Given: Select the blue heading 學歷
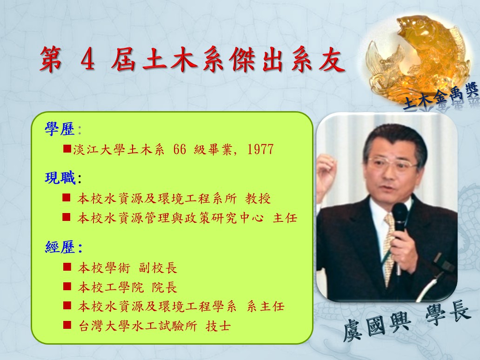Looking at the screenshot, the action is tap(60, 128).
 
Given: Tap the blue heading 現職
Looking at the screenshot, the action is tap(60, 178).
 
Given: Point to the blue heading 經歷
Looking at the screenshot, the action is tap(60, 247).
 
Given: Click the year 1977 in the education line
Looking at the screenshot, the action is tap(260, 149).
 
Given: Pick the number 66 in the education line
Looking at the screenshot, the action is tap(180, 149).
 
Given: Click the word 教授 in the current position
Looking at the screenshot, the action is tap(258, 198).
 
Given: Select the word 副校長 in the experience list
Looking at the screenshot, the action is tap(158, 268).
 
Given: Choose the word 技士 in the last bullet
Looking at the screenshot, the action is tap(218, 326).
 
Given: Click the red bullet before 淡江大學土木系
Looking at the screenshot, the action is tap(67, 149).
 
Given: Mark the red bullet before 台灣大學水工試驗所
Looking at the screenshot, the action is tap(67, 325).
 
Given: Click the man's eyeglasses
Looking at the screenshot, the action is tap(393, 164).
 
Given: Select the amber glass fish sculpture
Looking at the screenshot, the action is tap(418, 58).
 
